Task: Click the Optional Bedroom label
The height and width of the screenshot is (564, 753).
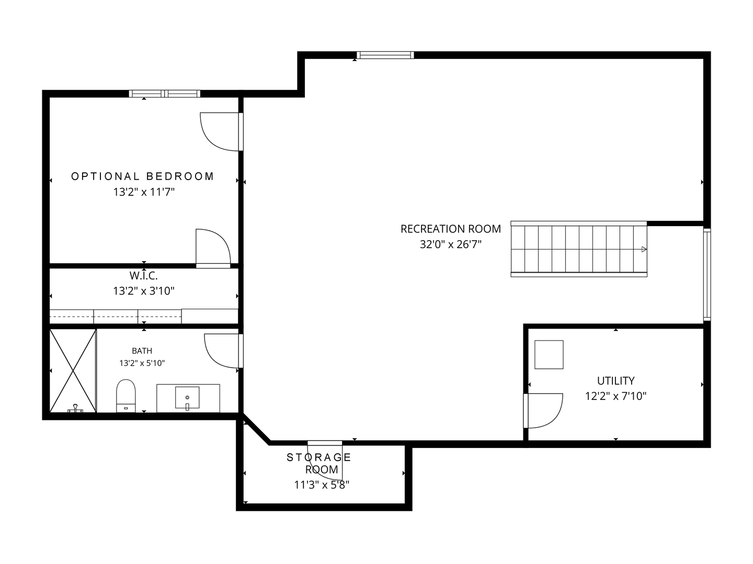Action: click(x=142, y=177)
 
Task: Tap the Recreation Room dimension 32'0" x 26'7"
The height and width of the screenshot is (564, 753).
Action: click(x=450, y=244)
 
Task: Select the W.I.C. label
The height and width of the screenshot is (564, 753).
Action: click(x=143, y=276)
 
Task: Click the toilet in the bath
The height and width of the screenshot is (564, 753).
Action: click(x=126, y=395)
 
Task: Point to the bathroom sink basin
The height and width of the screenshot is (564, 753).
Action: click(x=187, y=397)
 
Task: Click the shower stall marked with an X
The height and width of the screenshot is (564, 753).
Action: click(x=73, y=371)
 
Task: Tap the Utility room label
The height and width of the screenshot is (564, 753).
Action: click(x=616, y=381)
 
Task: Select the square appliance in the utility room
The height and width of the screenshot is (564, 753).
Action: click(x=549, y=355)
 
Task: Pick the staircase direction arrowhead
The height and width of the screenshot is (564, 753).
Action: click(x=644, y=249)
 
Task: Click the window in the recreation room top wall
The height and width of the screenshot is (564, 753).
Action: click(x=385, y=55)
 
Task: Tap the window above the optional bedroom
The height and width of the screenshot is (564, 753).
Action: click(x=165, y=93)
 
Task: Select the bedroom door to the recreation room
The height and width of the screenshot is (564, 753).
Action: click(x=222, y=132)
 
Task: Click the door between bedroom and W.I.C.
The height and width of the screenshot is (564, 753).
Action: click(x=213, y=248)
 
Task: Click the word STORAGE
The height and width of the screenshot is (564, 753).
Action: click(x=318, y=457)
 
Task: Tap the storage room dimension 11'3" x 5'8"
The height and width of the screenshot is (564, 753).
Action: click(x=322, y=485)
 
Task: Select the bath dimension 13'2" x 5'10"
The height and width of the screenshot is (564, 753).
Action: click(x=142, y=363)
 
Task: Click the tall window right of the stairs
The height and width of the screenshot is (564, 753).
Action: click(x=707, y=274)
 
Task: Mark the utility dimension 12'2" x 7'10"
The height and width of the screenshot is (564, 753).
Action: click(x=616, y=396)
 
